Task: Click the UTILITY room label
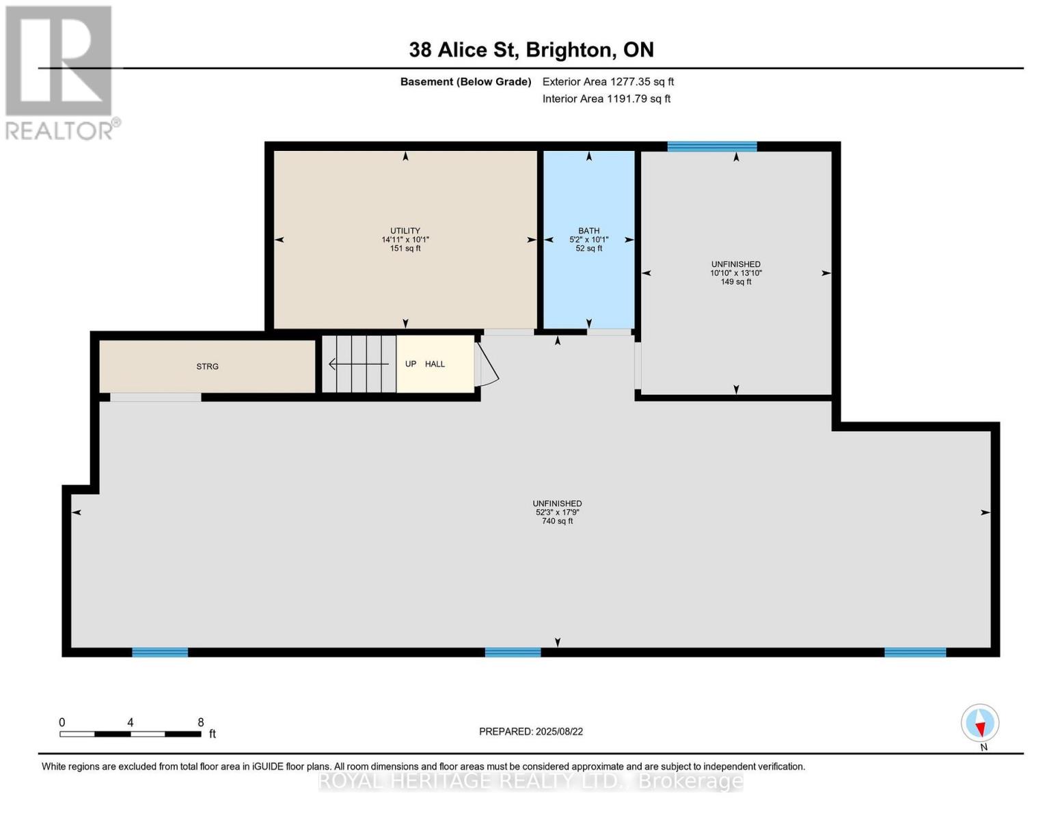coord(405,231)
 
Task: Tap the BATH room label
coord(588,231)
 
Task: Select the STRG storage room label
coord(207,367)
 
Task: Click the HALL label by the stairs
coord(435,364)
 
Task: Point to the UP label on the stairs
coord(411,364)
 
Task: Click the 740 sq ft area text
coord(557,521)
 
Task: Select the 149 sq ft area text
coord(735,282)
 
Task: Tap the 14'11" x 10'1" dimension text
coord(405,240)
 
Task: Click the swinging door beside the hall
coord(487,366)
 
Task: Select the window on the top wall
coord(711,146)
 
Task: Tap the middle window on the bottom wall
coord(513,653)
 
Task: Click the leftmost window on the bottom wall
coord(159,653)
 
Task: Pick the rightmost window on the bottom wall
coord(915,653)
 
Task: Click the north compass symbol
coord(980,723)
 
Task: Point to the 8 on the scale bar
coord(200,722)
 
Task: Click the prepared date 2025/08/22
coord(531,732)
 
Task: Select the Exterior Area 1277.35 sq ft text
coord(608,81)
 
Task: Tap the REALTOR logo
coord(60,72)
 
